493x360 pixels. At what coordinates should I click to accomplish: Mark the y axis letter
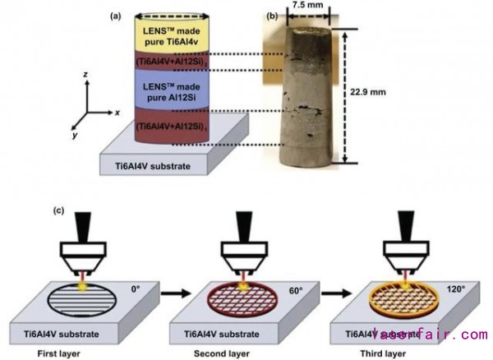pyautogui.click(x=74, y=134)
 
